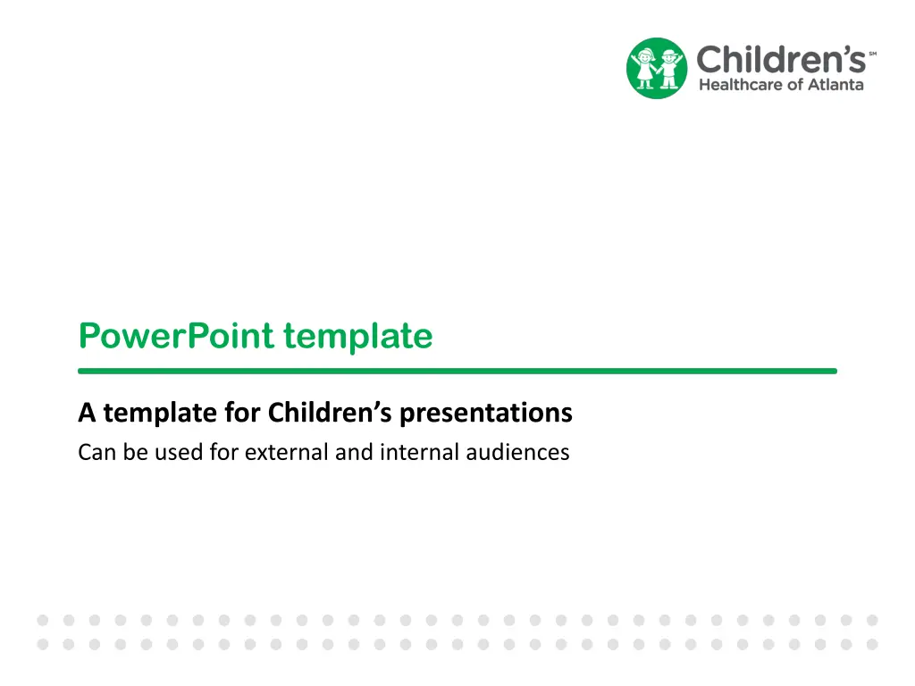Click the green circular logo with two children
(657, 68)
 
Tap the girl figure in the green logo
(645, 68)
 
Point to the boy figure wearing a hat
(670, 69)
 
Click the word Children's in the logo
(781, 59)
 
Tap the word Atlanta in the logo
(835, 85)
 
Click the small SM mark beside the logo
(872, 54)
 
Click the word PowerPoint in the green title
(176, 336)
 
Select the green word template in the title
(358, 337)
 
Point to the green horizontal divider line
(457, 371)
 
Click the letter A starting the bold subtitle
(87, 413)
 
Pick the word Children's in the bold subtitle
(330, 413)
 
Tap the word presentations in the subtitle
(486, 414)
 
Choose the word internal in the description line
(420, 453)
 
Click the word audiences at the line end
(517, 453)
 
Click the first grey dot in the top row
(43, 620)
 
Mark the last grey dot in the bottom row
(872, 645)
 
